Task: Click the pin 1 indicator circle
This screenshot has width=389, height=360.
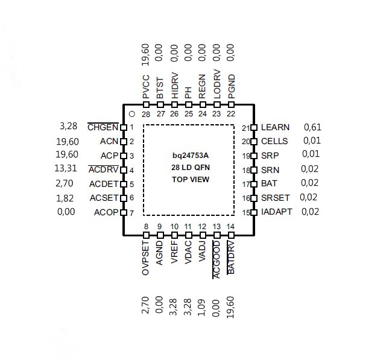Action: [x=132, y=114]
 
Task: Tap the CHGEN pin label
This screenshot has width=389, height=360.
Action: [x=103, y=127]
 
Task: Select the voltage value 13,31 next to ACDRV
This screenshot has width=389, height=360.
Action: [x=66, y=168]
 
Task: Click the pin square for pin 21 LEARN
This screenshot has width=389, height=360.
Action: [x=253, y=127]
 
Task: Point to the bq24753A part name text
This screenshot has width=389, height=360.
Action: [x=191, y=156]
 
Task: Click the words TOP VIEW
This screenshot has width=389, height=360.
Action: [x=191, y=179]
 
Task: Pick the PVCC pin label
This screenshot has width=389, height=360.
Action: [x=146, y=87]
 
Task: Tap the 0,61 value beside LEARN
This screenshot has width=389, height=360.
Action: [x=312, y=127]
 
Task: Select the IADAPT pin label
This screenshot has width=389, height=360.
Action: [x=277, y=212]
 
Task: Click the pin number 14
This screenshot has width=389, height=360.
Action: [x=230, y=227]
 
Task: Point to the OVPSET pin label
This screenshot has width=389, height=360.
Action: [x=145, y=258]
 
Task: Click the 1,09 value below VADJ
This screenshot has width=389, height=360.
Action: [x=202, y=308]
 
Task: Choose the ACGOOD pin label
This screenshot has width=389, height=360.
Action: [x=217, y=259]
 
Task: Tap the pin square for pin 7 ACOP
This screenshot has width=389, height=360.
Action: [x=124, y=213]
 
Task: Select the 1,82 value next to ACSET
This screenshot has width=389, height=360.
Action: [x=65, y=198]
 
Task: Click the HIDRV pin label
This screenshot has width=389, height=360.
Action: [x=175, y=86]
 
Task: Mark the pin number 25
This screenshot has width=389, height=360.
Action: [x=189, y=114]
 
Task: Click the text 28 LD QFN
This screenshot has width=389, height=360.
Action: [x=191, y=168]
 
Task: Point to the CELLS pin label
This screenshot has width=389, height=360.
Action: [x=274, y=141]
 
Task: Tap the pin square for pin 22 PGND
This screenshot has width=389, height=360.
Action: [x=231, y=105]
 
